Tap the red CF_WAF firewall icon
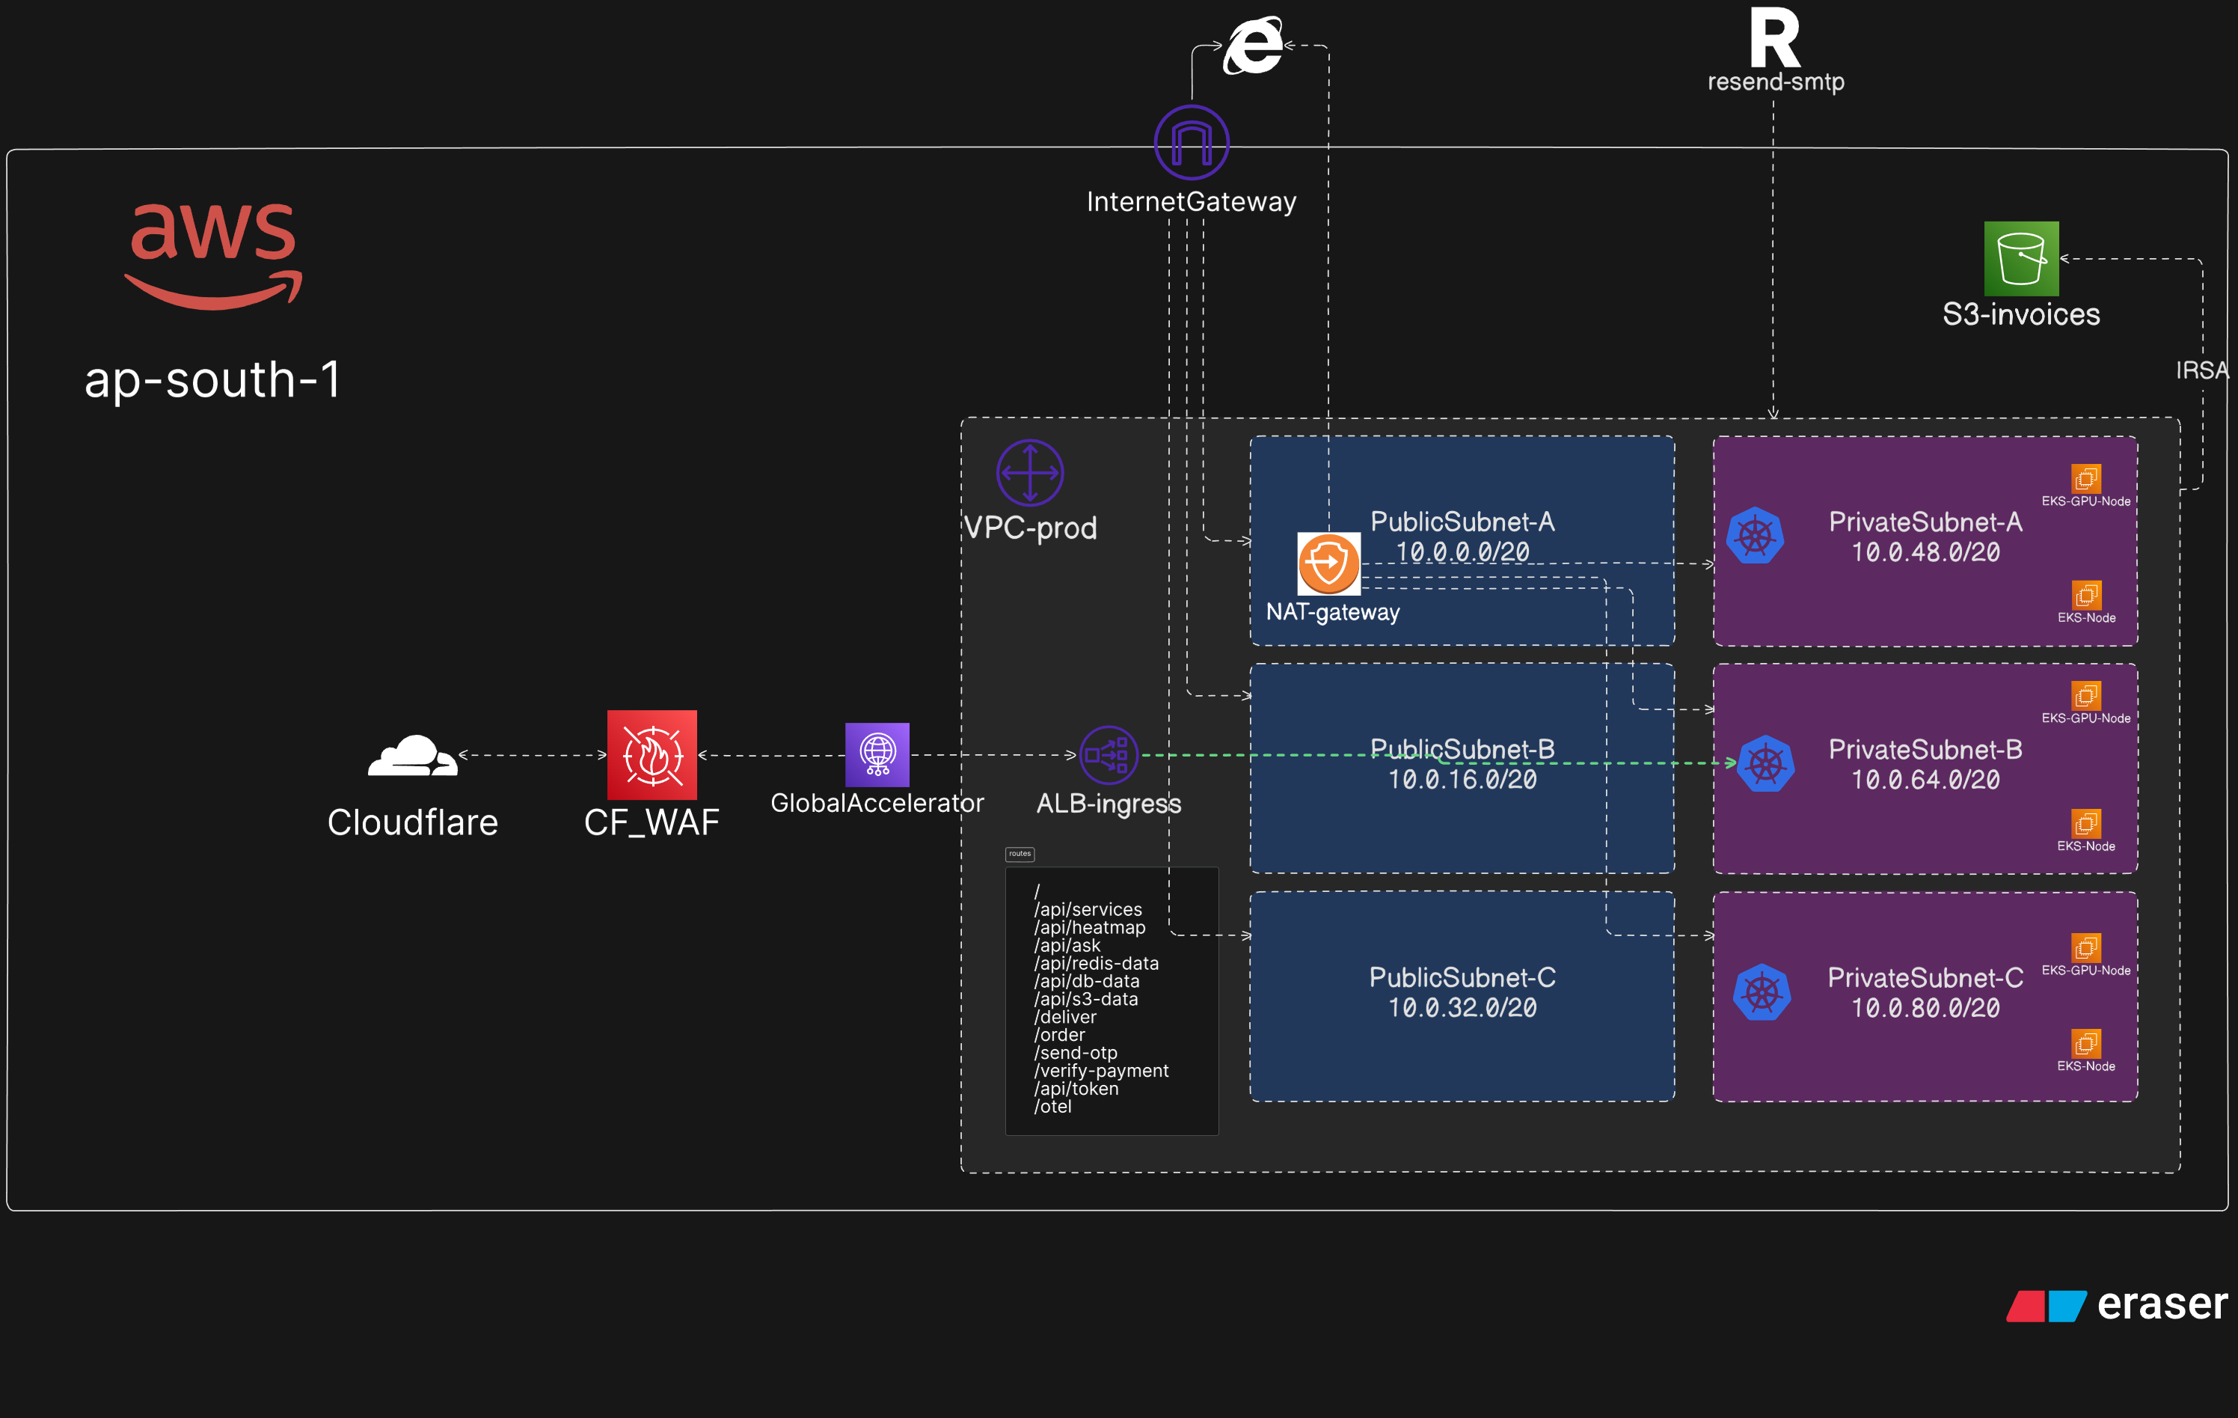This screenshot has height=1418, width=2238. (652, 755)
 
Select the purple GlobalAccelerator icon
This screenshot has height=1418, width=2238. (877, 754)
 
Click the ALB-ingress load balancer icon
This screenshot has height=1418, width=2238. (1108, 755)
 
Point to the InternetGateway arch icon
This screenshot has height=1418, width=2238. (1192, 142)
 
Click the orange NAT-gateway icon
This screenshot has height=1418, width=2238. (1328, 563)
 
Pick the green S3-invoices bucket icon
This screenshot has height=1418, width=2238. (2020, 258)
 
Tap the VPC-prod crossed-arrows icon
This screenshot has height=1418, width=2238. (1030, 472)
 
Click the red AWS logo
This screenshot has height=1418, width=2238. (213, 254)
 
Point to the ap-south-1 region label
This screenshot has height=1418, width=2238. (213, 379)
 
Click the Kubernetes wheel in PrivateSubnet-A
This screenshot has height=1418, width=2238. (1755, 536)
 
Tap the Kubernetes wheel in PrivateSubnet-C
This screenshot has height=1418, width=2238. (1762, 992)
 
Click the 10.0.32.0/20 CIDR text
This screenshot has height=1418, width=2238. (1462, 1008)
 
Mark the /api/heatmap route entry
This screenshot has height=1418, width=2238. (1089, 927)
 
